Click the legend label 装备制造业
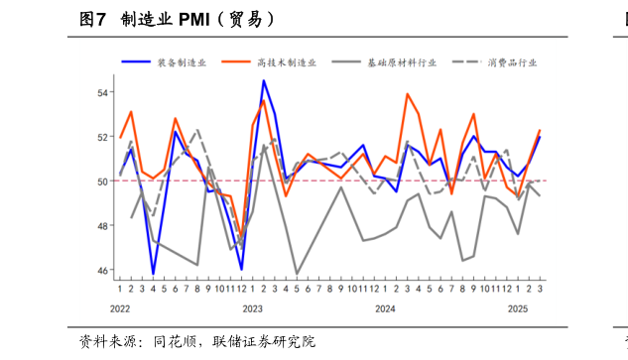point(182,61)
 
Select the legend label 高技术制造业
point(287,61)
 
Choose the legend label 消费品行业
point(512,61)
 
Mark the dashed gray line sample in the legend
point(465,61)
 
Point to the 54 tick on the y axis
point(102,92)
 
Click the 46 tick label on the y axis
point(102,270)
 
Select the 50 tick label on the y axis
point(102,181)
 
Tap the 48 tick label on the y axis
point(102,226)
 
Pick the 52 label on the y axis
point(102,137)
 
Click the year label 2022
point(120,309)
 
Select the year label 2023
point(252,309)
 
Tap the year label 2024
point(385,309)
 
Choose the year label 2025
point(517,309)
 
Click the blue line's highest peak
point(263,80)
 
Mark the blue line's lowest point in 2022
point(153,274)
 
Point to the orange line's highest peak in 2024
point(408,94)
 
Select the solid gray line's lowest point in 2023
point(297,273)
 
